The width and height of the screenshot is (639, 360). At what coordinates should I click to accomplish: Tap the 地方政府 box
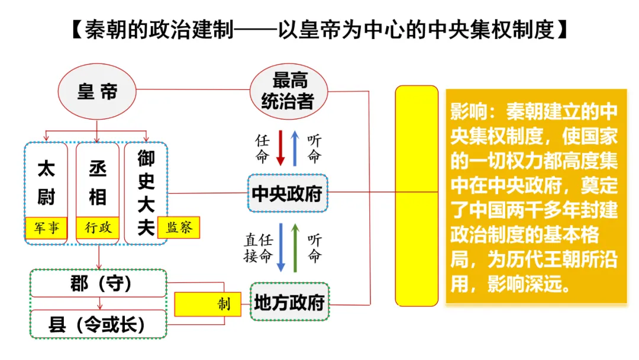pos(289,303)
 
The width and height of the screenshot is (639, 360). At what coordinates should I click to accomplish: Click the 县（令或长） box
pos(99,324)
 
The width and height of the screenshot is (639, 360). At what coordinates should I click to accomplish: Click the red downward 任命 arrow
pos(281,148)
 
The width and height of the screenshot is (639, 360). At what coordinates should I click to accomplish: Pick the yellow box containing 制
pos(208,305)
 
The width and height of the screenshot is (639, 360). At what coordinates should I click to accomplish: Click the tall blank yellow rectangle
pos(417,195)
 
